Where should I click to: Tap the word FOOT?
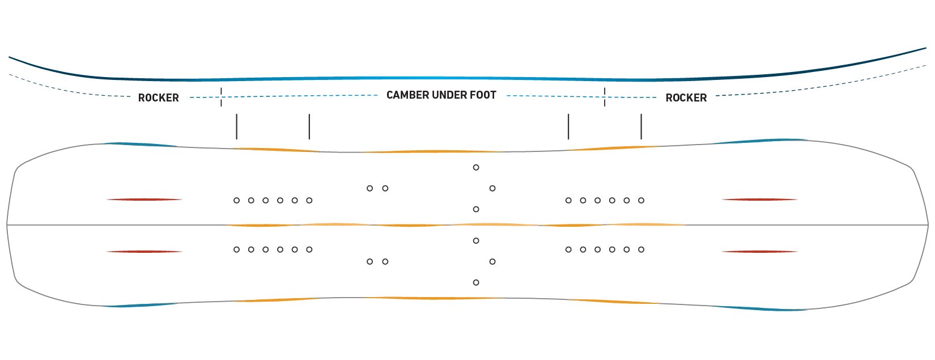tap(483, 95)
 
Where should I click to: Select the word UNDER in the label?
tap(448, 95)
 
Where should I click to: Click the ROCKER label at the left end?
tap(159, 98)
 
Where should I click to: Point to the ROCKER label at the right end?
tap(686, 98)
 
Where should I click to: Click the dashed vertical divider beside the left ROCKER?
tap(221, 97)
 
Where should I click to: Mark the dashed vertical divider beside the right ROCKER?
tap(605, 97)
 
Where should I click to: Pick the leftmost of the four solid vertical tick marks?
tap(236, 126)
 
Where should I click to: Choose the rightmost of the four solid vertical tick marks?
tap(641, 126)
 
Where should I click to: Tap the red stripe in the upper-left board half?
tap(144, 200)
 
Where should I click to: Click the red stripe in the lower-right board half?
tap(759, 252)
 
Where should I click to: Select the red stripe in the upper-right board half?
tap(759, 200)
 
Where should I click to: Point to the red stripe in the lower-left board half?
tap(144, 252)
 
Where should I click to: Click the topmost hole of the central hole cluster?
tap(476, 168)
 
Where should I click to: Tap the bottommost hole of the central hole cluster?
tap(476, 282)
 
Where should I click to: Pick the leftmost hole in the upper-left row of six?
tap(236, 201)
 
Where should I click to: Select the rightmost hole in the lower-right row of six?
tap(641, 249)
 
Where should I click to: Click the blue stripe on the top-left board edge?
tap(142, 145)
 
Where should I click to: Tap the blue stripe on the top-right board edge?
tap(759, 141)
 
